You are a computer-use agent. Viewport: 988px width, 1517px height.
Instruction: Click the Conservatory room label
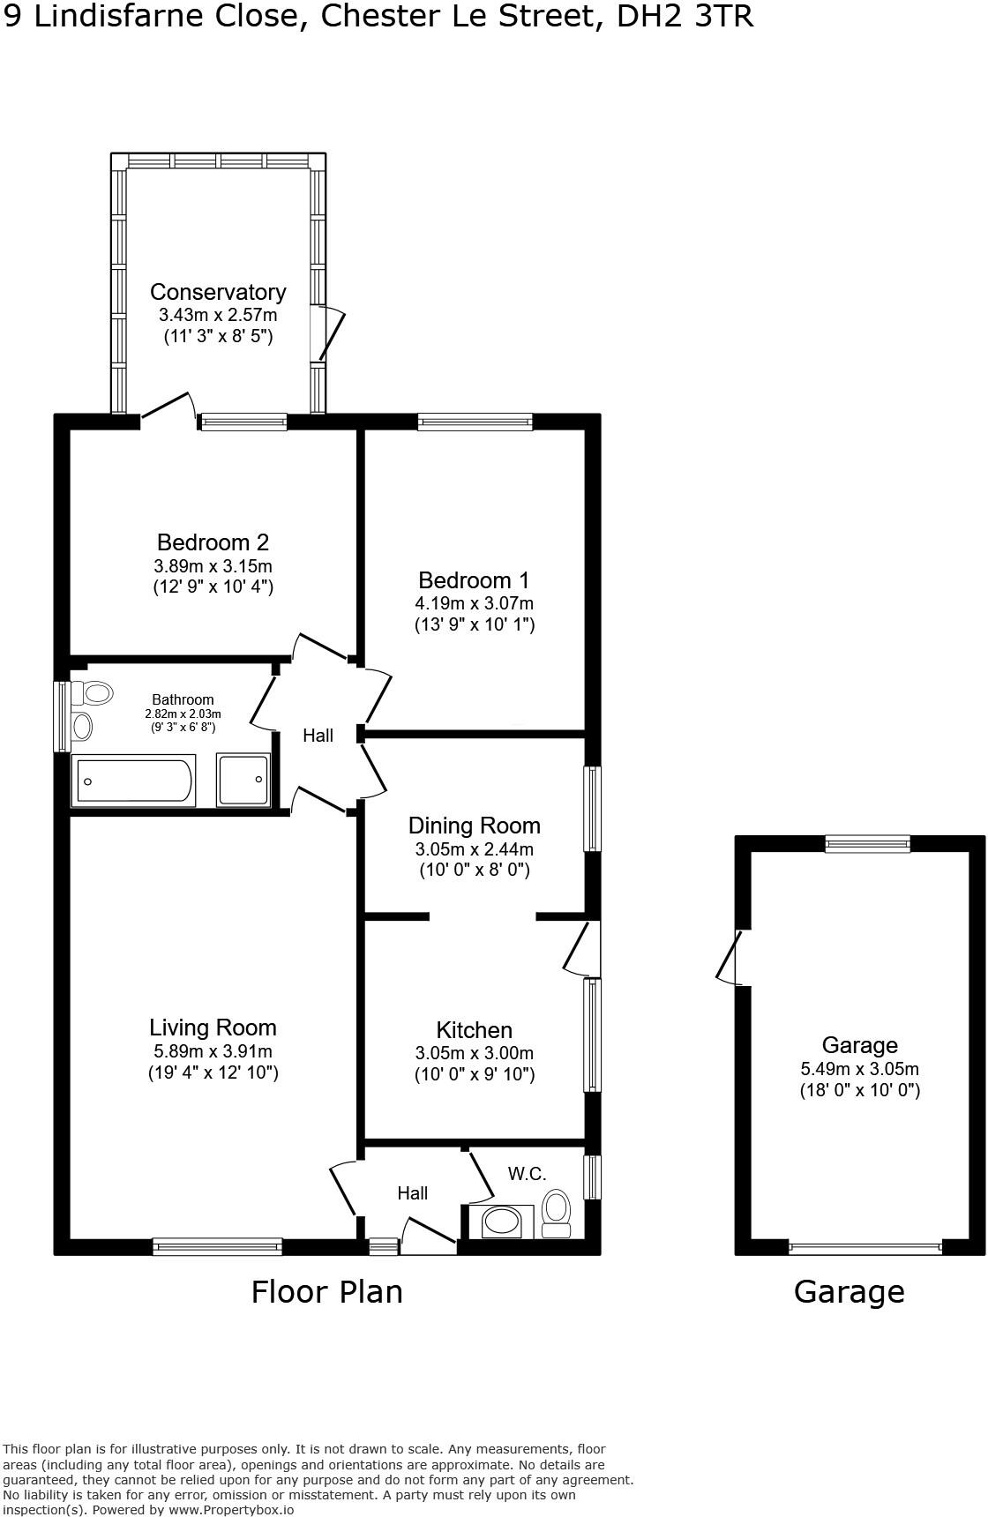(218, 292)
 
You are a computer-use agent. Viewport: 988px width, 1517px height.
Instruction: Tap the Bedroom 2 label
(213, 542)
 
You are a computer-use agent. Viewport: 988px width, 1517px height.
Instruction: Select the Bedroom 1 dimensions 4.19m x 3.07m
(475, 603)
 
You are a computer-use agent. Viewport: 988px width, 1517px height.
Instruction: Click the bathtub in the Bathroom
(134, 781)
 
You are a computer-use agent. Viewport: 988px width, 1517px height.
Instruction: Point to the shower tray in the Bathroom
(243, 779)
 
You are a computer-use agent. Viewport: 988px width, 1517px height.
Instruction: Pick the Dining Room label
(474, 826)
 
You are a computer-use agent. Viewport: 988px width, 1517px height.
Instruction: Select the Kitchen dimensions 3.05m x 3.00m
(475, 1053)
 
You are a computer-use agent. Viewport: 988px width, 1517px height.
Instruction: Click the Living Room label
(213, 1028)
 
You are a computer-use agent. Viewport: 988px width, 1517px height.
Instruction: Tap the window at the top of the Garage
(867, 844)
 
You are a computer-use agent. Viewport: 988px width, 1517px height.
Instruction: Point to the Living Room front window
(217, 1246)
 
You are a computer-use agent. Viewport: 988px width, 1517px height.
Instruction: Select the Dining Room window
(594, 809)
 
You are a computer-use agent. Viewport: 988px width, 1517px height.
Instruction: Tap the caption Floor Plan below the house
(326, 1292)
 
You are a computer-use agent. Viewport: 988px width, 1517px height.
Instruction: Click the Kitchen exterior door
(580, 950)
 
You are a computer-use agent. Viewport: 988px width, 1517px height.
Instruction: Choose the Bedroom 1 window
(475, 422)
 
